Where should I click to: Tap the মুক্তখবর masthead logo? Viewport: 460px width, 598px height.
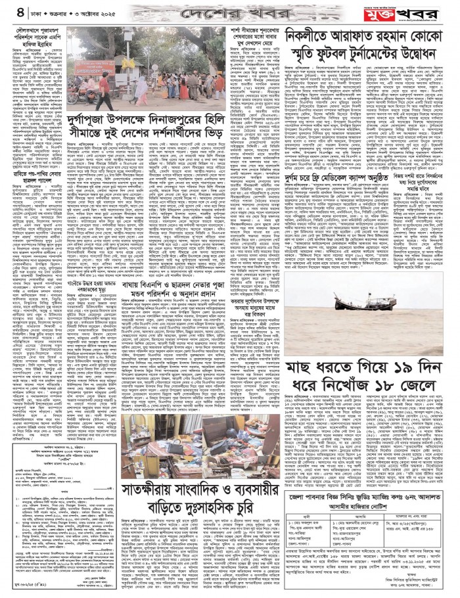click(421, 11)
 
